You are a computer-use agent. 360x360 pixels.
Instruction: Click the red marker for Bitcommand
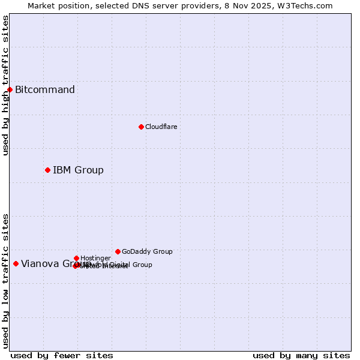pyautogui.click(x=10, y=89)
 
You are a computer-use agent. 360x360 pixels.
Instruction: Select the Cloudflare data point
pyautogui.click(x=141, y=127)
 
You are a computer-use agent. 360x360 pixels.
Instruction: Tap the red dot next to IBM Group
pyautogui.click(x=47, y=170)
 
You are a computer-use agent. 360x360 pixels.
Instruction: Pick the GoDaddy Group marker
pyautogui.click(x=118, y=251)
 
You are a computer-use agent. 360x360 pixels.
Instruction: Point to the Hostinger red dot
pyautogui.click(x=76, y=258)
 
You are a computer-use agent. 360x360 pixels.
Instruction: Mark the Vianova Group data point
pyautogui.click(x=16, y=263)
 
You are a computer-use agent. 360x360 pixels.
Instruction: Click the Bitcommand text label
pyautogui.click(x=45, y=90)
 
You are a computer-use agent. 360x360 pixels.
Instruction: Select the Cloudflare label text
pyautogui.click(x=161, y=127)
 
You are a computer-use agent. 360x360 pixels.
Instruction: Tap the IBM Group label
pyautogui.click(x=78, y=170)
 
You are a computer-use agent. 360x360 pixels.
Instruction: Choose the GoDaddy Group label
pyautogui.click(x=147, y=251)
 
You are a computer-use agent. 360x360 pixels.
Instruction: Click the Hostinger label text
pyautogui.click(x=95, y=258)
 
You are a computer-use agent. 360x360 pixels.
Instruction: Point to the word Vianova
pyautogui.click(x=40, y=263)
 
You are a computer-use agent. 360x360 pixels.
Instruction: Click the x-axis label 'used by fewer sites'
pyautogui.click(x=62, y=355)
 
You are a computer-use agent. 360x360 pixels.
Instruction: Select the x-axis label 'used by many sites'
pyautogui.click(x=301, y=355)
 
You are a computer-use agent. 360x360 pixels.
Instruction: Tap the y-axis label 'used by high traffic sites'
pyautogui.click(x=5, y=85)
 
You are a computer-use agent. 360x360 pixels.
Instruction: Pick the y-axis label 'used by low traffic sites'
pyautogui.click(x=5, y=280)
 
